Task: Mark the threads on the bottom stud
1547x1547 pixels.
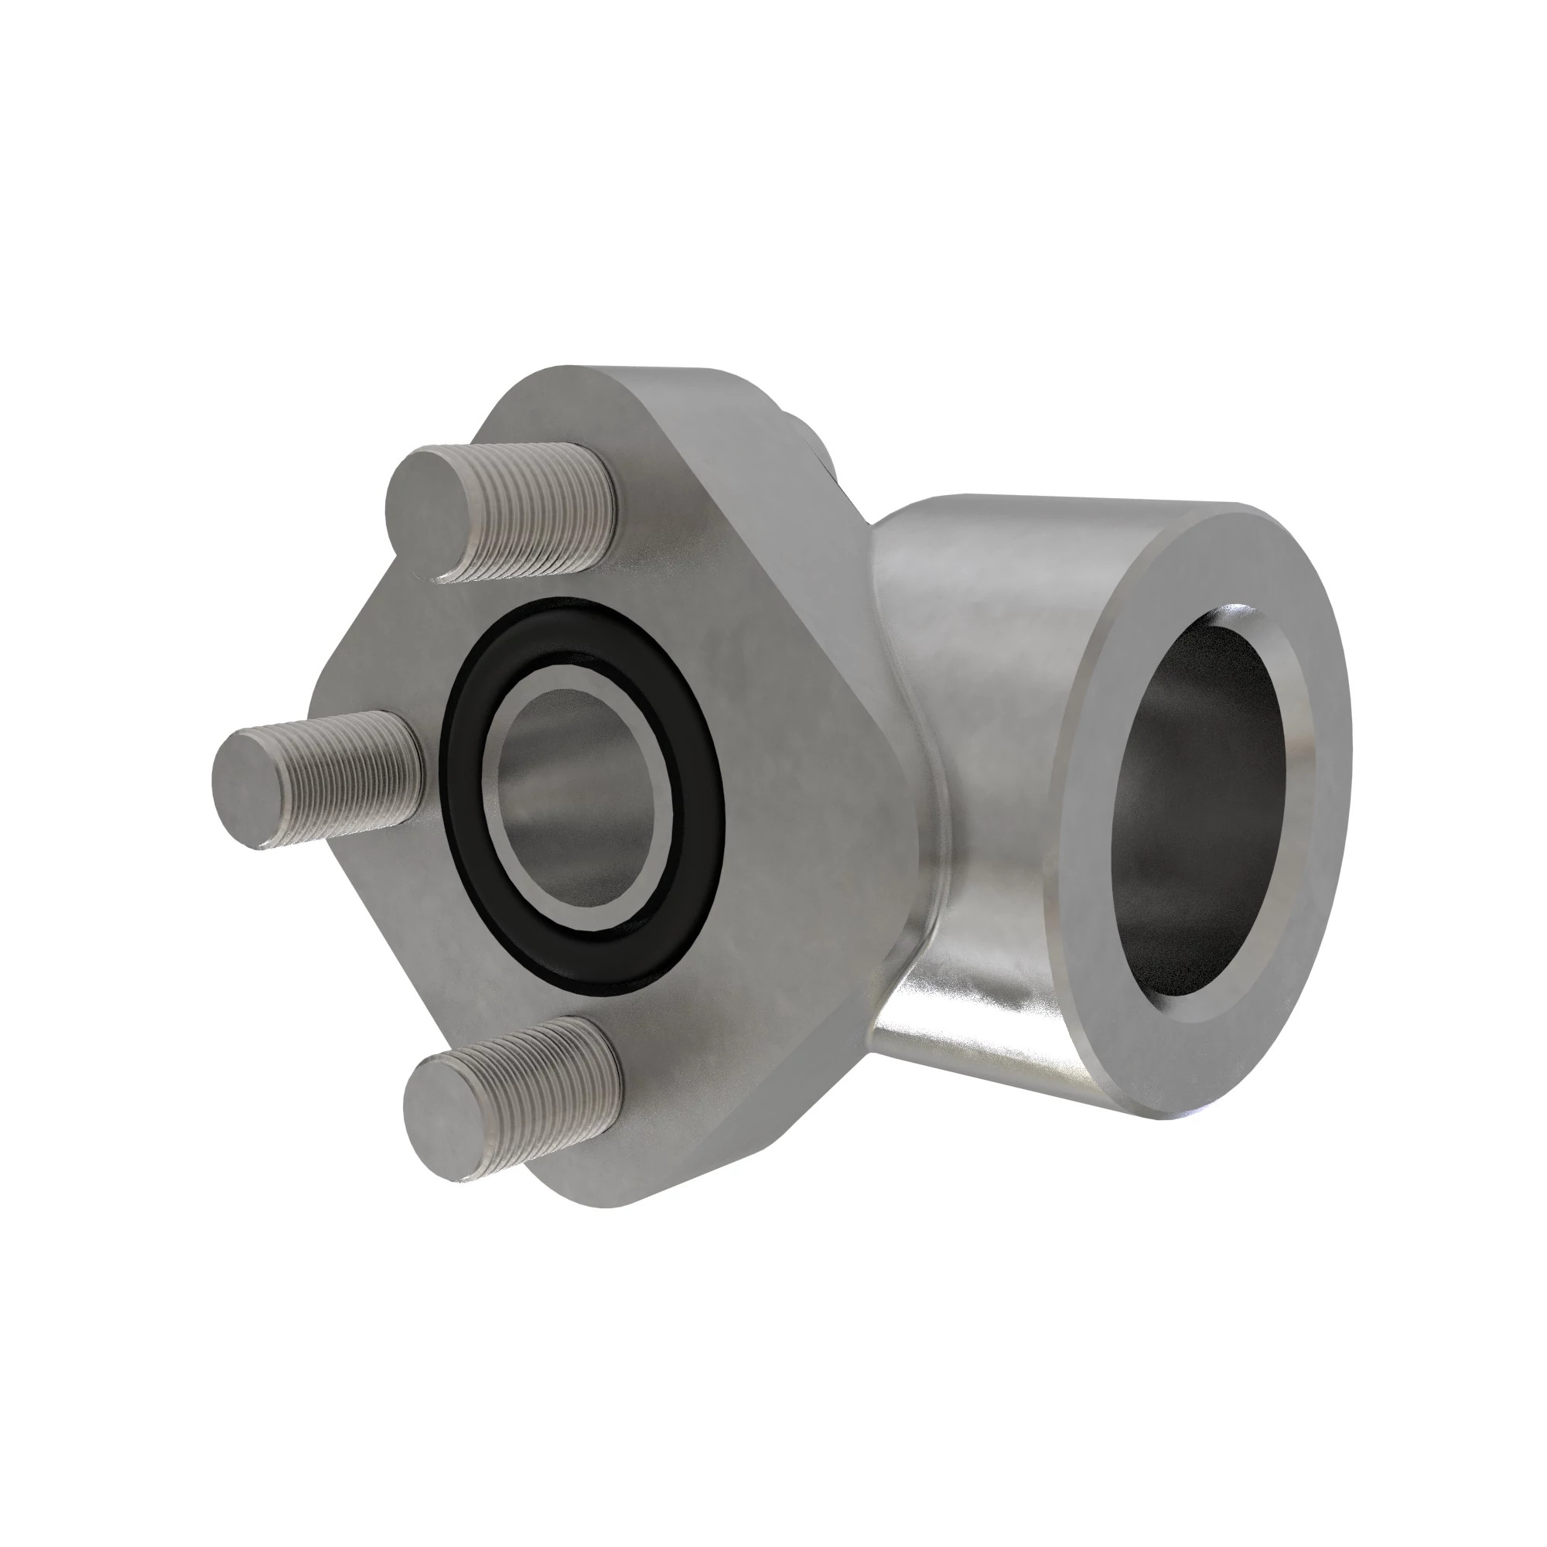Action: point(552,1081)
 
